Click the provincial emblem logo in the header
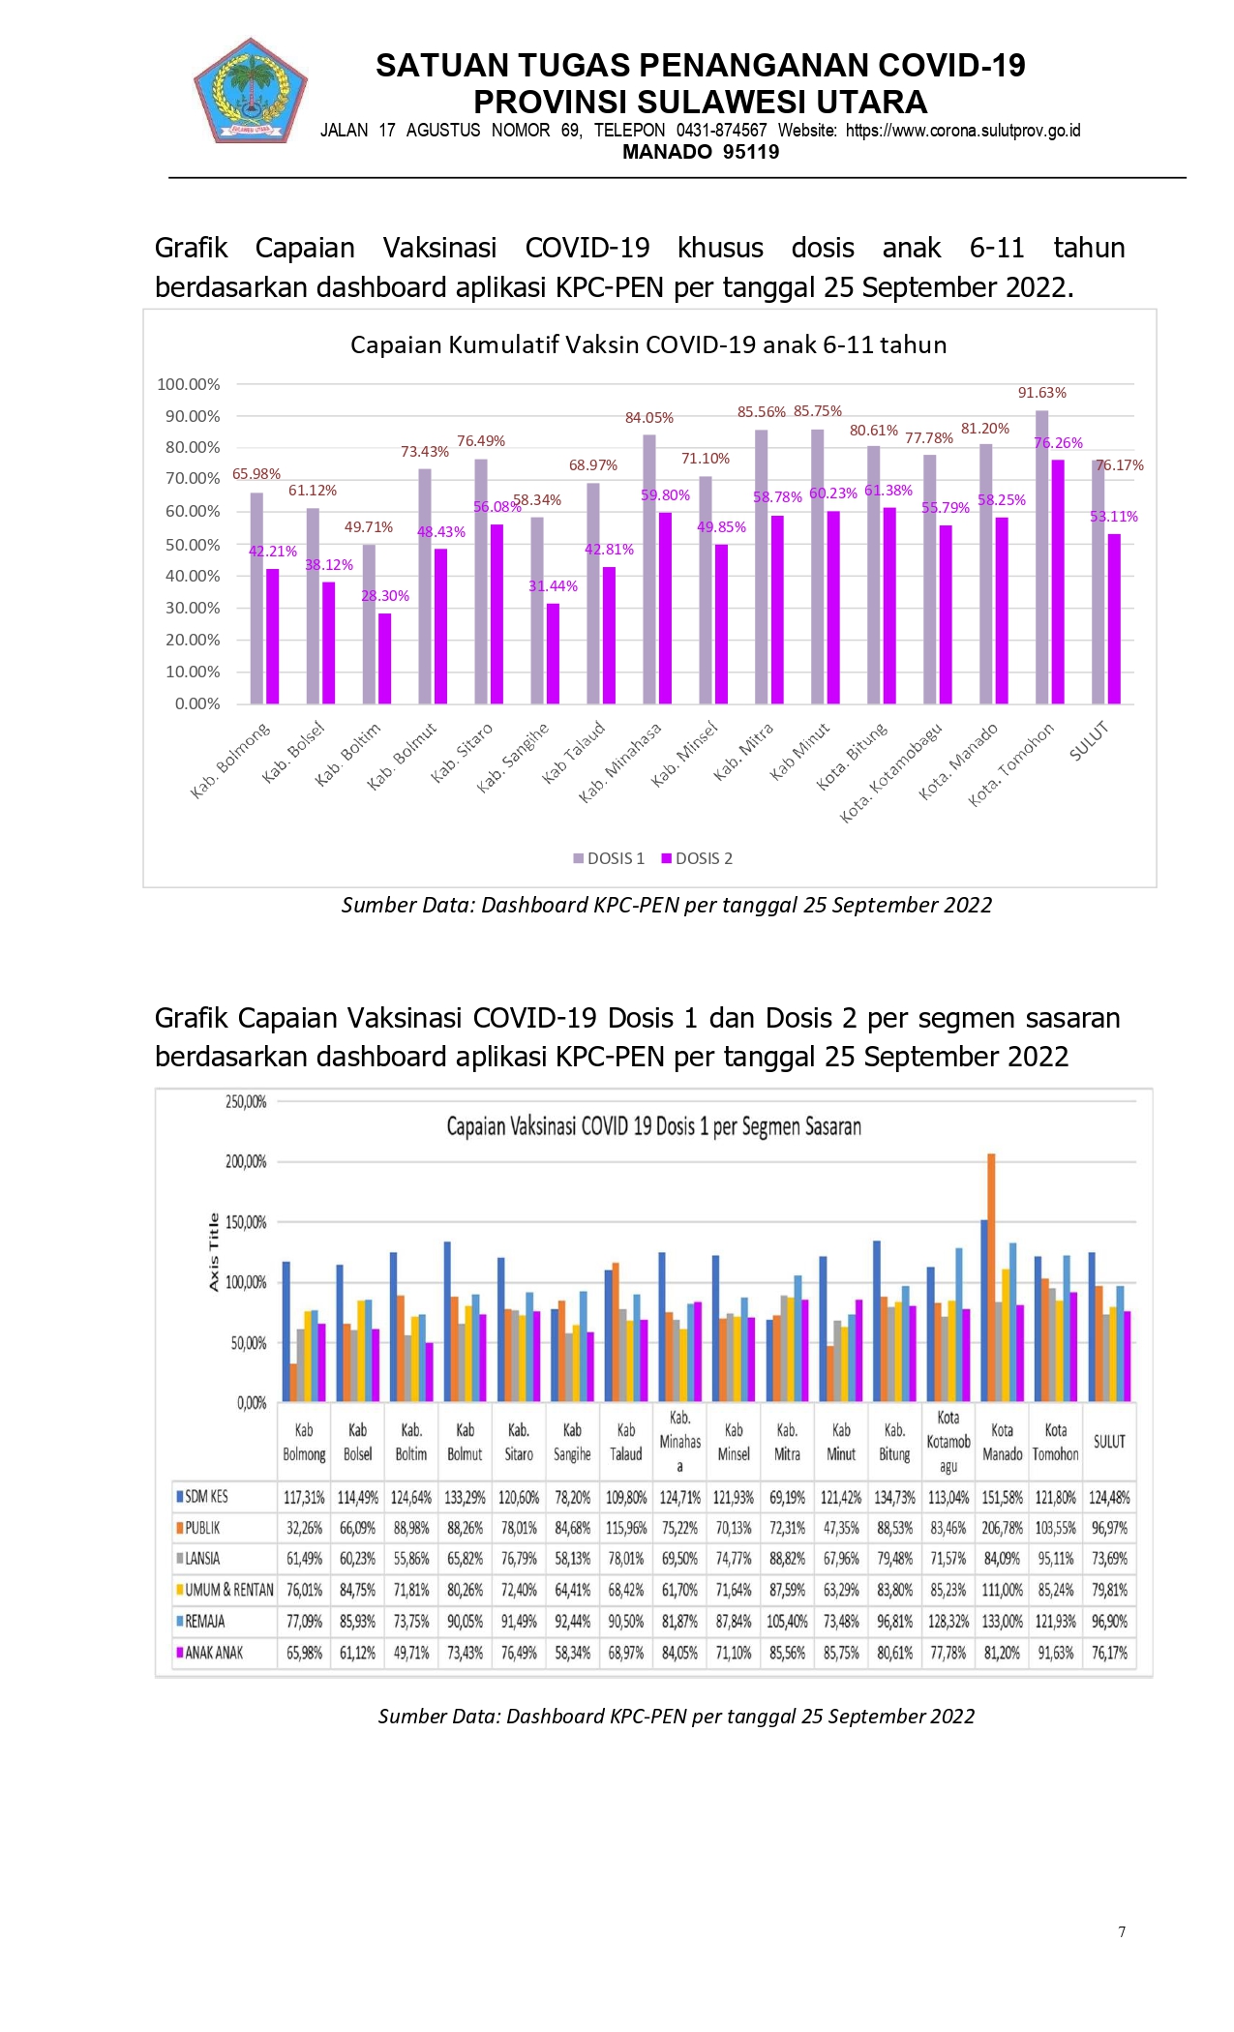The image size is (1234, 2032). tap(250, 90)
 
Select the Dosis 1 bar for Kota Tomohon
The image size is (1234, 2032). tap(1041, 557)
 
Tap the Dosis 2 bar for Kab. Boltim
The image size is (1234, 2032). tap(385, 659)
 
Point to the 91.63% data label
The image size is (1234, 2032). tap(1041, 393)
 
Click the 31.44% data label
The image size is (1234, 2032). tap(553, 586)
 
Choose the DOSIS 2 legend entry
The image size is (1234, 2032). tap(697, 858)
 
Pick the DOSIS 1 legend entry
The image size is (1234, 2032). tap(609, 858)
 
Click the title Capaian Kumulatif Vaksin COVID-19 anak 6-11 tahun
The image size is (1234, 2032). tap(648, 344)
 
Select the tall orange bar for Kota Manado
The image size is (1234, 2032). tap(991, 1277)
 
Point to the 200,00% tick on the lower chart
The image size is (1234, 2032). tap(246, 1162)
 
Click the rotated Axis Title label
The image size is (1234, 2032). tap(214, 1252)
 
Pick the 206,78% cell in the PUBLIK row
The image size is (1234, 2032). tap(1002, 1528)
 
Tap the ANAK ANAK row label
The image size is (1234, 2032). tap(210, 1653)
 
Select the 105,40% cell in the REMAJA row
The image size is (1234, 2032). tap(787, 1621)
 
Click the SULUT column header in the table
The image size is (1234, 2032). tap(1109, 1442)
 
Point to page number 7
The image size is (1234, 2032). tap(1122, 1932)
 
